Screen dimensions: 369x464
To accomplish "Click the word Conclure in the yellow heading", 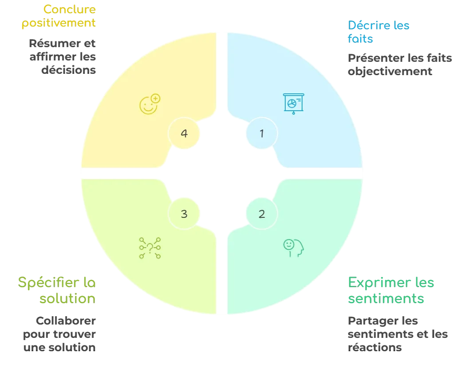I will (x=70, y=9).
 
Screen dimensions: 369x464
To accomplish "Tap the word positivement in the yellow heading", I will (x=59, y=23).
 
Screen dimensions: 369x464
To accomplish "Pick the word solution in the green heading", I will (x=67, y=298).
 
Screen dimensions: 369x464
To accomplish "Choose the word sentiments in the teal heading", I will (x=386, y=298).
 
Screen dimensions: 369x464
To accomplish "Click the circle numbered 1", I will (x=262, y=133).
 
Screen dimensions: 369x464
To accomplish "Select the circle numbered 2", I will (x=262, y=214).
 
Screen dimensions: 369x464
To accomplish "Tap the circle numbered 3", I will (x=184, y=214).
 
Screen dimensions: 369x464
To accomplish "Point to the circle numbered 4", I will (x=184, y=133).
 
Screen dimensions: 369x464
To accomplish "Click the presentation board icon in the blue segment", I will (x=293, y=104).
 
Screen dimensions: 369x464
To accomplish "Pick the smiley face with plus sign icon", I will (x=149, y=104).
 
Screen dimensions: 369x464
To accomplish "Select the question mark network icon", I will (x=150, y=248).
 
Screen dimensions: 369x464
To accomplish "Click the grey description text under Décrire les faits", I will (x=401, y=65).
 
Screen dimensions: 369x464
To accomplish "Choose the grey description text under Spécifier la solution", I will (x=59, y=334).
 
